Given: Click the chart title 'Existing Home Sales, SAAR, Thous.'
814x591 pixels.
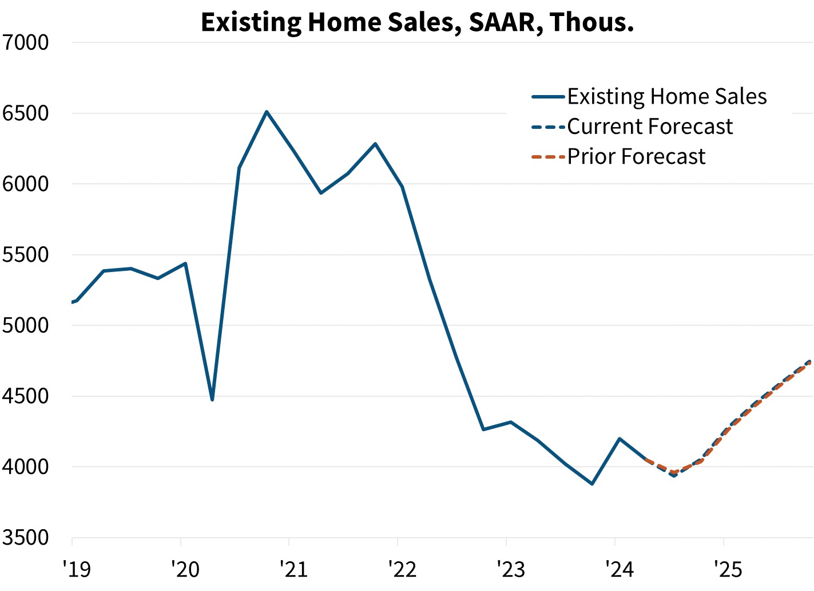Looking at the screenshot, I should pyautogui.click(x=417, y=22).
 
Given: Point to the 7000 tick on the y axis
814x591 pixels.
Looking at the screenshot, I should pyautogui.click(x=26, y=42).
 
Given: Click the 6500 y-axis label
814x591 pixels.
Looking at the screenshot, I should pyautogui.click(x=26, y=113).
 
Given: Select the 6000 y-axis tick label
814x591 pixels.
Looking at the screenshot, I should pyautogui.click(x=26, y=184).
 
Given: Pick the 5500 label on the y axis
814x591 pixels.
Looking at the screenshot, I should pyautogui.click(x=26, y=255).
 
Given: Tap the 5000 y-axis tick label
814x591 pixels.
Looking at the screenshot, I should pyautogui.click(x=26, y=325).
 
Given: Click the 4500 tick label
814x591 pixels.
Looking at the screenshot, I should pyautogui.click(x=26, y=396).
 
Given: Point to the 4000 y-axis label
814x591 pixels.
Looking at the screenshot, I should pyautogui.click(x=26, y=467).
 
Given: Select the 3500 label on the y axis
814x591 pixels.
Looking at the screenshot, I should pyautogui.click(x=26, y=538).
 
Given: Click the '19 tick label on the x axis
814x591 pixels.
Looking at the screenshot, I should pyautogui.click(x=76, y=569).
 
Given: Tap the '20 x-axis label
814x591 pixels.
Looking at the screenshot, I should pyautogui.click(x=185, y=569).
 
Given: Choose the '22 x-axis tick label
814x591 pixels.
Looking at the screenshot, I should pyautogui.click(x=402, y=569).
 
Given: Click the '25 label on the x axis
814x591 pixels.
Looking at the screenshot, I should pyautogui.click(x=728, y=569).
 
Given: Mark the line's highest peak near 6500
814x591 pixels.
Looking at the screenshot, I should pyautogui.click(x=267, y=112).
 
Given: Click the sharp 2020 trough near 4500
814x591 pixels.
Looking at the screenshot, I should pyautogui.click(x=212, y=399).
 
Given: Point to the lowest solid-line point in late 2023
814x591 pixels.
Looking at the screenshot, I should pyautogui.click(x=592, y=484).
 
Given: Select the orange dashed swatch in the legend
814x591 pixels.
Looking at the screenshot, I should pyautogui.click(x=548, y=156).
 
